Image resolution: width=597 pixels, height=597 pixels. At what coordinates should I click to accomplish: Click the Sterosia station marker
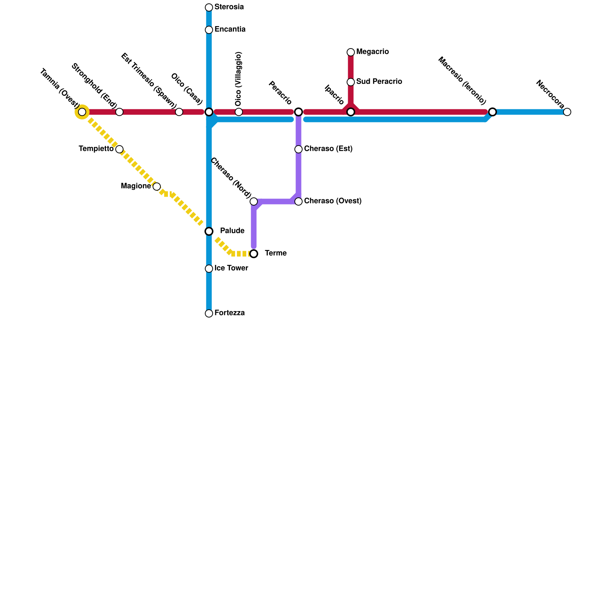click(x=209, y=7)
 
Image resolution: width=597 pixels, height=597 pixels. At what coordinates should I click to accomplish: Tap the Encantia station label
click(x=230, y=29)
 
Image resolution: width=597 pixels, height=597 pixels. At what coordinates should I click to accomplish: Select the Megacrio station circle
click(x=351, y=52)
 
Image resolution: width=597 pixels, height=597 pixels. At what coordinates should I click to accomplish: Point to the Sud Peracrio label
click(x=379, y=82)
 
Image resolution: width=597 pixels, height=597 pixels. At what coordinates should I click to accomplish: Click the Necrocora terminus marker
click(x=567, y=112)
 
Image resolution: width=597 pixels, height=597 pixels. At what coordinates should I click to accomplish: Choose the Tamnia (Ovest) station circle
click(x=82, y=112)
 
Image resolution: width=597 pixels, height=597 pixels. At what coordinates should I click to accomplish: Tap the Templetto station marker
click(x=119, y=149)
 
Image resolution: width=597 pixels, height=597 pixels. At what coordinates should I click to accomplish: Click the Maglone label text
click(x=136, y=186)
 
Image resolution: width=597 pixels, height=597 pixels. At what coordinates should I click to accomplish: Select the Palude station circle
click(x=209, y=231)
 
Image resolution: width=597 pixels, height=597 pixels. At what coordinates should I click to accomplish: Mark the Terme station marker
click(x=254, y=254)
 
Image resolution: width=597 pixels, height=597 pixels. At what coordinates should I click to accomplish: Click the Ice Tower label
click(x=231, y=268)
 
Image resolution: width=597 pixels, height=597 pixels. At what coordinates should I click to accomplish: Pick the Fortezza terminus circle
click(x=209, y=313)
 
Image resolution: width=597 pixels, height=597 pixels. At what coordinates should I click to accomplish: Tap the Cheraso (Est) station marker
click(x=298, y=149)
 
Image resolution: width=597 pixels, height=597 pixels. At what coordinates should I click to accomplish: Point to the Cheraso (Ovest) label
click(x=333, y=201)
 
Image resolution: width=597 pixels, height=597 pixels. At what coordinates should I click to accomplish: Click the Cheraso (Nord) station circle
click(x=254, y=201)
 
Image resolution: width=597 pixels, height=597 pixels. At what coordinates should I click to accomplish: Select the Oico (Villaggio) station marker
click(x=239, y=112)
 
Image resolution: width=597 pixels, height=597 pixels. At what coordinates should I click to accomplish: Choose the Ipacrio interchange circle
click(x=351, y=112)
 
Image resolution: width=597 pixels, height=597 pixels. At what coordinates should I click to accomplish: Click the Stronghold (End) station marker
click(x=119, y=112)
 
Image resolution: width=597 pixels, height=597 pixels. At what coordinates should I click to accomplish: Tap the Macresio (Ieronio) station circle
click(x=493, y=112)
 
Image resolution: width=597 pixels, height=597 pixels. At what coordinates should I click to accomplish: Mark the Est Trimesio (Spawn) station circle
click(x=179, y=112)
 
